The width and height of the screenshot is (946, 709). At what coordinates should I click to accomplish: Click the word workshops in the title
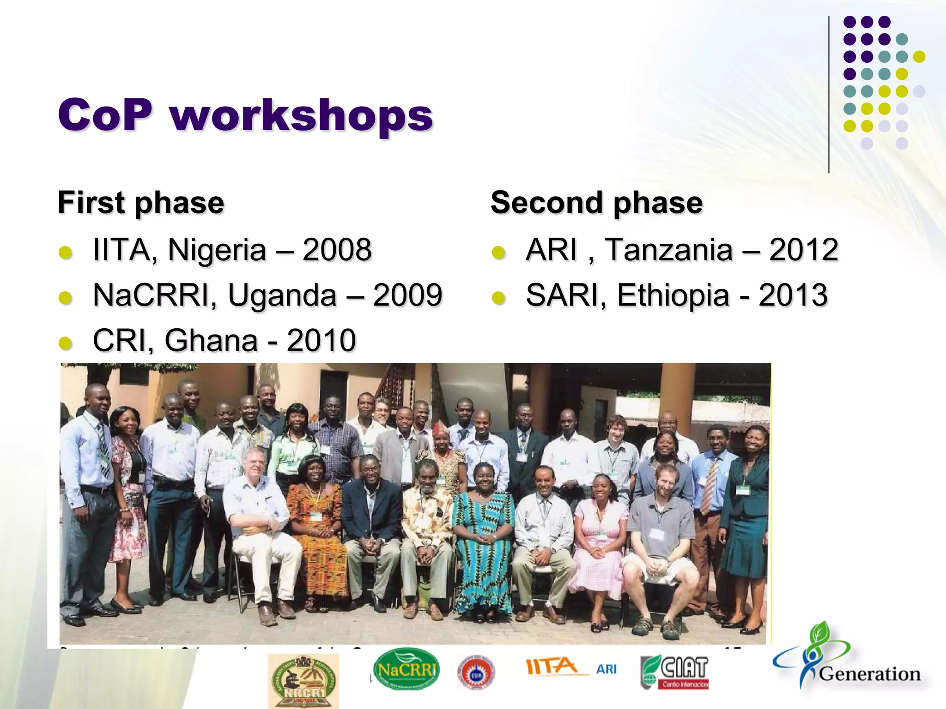coord(301,115)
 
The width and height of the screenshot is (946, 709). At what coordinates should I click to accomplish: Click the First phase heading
coord(141,203)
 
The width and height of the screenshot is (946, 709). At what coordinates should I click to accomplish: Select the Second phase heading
coord(596,203)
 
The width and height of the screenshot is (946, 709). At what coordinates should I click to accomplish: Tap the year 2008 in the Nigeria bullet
coord(337,250)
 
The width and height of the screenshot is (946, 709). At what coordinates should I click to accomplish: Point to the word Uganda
coord(282,295)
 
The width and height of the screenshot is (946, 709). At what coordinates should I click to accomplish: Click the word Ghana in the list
coord(211,341)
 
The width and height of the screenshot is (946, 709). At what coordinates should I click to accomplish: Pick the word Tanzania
coord(668,250)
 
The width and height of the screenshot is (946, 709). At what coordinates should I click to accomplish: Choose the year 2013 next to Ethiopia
coord(793,295)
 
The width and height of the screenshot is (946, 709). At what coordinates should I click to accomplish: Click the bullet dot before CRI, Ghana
coord(66,343)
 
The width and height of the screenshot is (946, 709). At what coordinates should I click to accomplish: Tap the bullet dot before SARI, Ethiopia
coord(498,298)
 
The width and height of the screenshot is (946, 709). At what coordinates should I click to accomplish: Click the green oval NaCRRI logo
coord(406,669)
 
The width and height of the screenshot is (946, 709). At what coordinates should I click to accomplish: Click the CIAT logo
coord(675,672)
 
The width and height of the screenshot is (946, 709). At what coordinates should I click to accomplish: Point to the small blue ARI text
coord(606,669)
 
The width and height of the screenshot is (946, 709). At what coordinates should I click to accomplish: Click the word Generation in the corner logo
coord(869,674)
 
